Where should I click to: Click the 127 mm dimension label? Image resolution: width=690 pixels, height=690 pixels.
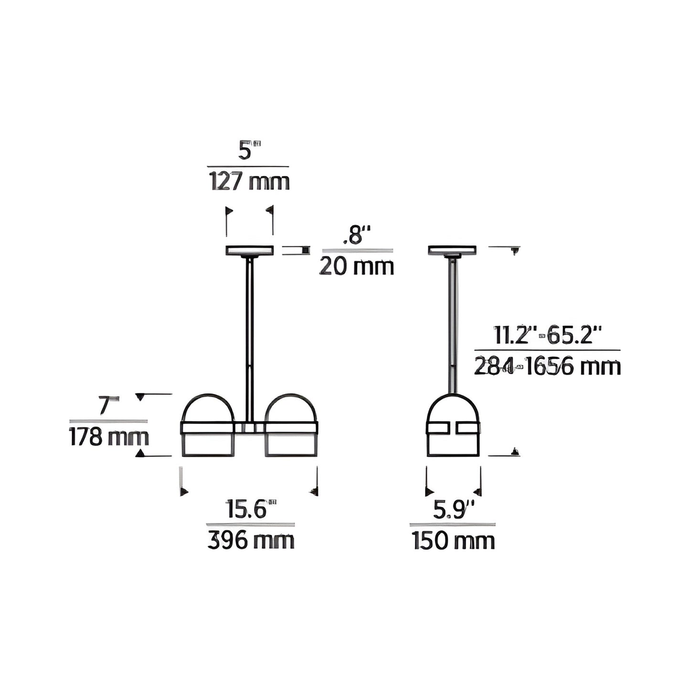[x=249, y=182]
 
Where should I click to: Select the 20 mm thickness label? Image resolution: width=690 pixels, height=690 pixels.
[x=356, y=266]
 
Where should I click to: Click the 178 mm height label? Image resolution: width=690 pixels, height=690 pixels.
[x=109, y=437]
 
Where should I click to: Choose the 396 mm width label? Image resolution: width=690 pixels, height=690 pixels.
[x=251, y=541]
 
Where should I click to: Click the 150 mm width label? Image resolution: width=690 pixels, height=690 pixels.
[x=453, y=541]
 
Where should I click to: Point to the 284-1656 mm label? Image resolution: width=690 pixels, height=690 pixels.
[x=547, y=367]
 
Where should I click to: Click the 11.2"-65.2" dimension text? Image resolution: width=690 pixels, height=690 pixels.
[x=547, y=335]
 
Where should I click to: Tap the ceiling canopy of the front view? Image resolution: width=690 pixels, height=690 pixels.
[x=249, y=250]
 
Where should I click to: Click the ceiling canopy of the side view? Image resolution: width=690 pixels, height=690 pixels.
[x=452, y=250]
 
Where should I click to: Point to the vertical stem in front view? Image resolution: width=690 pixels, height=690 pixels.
[x=249, y=334]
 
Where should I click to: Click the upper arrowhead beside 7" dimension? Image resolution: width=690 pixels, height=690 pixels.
[x=140, y=396]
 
